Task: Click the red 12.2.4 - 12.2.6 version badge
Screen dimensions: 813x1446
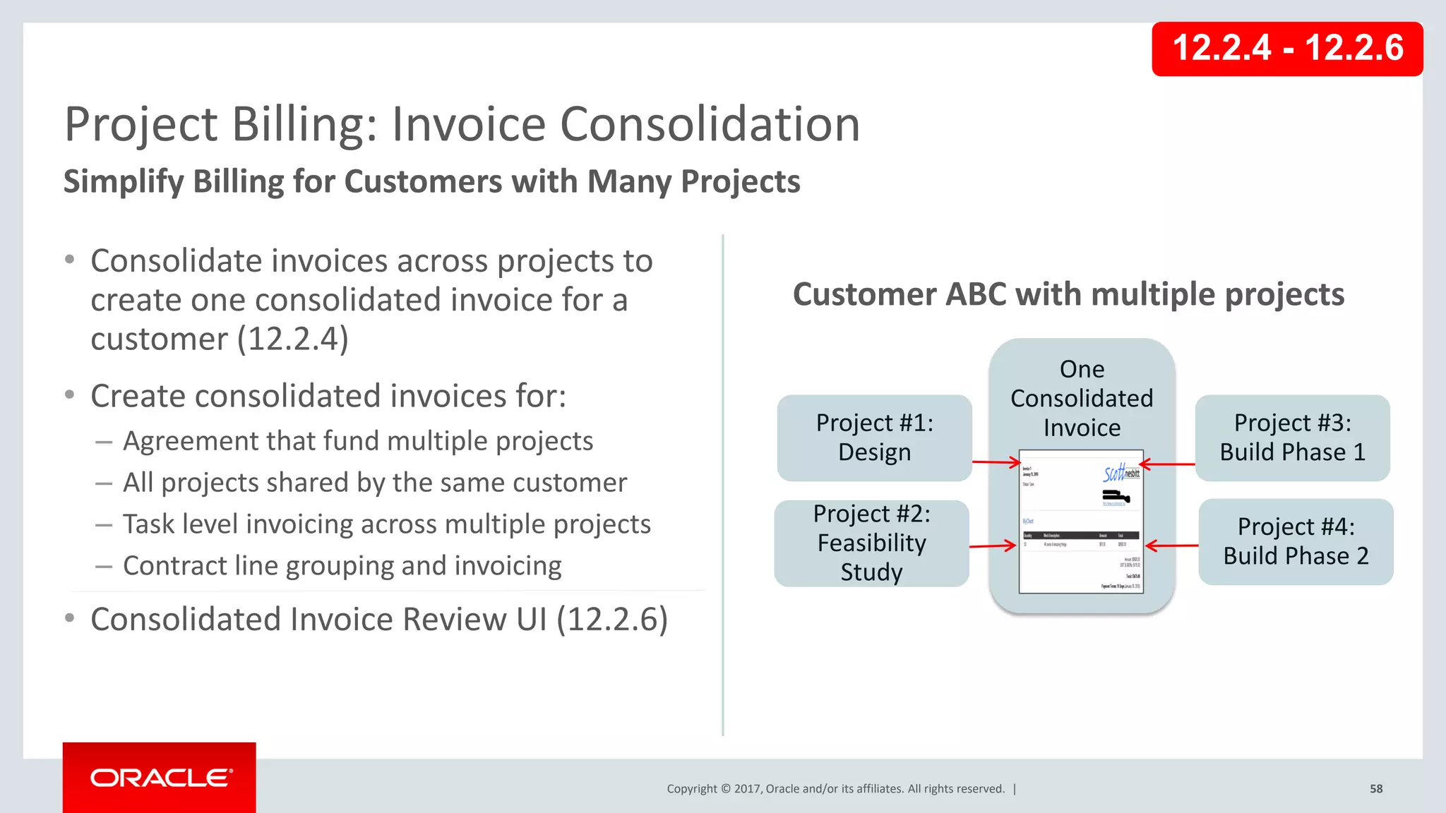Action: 1286,49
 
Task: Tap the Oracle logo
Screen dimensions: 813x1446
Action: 160,778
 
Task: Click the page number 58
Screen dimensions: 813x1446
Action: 1376,789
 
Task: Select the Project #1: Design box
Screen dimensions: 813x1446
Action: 874,438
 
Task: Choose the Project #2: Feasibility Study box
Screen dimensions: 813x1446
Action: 871,543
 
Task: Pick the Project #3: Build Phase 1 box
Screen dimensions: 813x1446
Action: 1292,438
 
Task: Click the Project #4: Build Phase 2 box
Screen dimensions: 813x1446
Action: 1296,541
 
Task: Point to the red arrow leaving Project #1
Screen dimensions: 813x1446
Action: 996,463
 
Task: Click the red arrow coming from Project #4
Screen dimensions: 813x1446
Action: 1171,546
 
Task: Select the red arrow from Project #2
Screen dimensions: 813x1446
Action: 992,546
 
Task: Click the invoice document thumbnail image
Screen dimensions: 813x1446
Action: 1081,522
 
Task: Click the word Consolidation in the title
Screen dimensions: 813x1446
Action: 710,125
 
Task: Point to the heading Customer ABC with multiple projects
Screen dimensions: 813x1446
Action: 1068,294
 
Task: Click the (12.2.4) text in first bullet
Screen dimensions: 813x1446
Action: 292,339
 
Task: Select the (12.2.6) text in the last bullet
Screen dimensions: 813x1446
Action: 611,620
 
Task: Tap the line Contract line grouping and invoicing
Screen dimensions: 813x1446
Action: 342,566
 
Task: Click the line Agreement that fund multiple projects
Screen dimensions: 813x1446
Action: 357,441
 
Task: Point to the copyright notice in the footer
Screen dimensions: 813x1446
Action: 835,789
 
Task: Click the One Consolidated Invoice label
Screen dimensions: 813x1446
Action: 1082,398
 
